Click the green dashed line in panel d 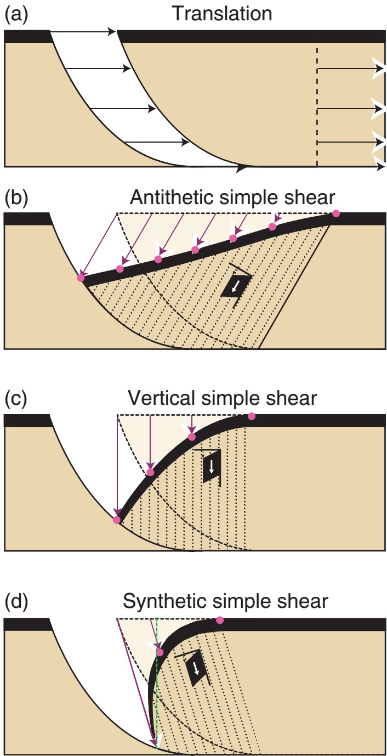(x=157, y=686)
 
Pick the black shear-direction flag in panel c (x=212, y=466)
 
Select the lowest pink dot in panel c (x=116, y=520)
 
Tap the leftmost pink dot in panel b (x=81, y=278)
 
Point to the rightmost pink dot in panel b (x=335, y=213)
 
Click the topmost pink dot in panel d (x=220, y=620)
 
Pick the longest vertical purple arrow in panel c (x=118, y=466)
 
